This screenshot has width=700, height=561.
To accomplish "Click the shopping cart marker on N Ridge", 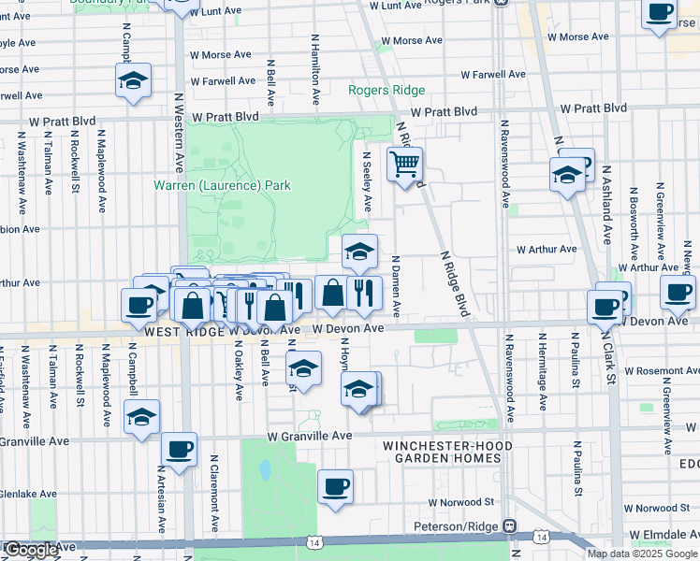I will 404,165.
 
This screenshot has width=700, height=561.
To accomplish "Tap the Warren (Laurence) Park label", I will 222,185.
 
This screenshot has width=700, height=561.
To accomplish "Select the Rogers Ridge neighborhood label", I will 386,91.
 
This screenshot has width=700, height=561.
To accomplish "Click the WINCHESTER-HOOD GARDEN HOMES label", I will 447,452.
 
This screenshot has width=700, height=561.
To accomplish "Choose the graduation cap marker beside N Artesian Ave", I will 141,418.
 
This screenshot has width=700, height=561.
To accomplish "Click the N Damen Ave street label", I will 396,285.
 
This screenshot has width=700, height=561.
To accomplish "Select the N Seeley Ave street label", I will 368,182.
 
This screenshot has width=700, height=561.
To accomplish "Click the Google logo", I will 30,551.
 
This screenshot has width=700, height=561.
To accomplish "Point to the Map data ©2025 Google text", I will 642,554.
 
